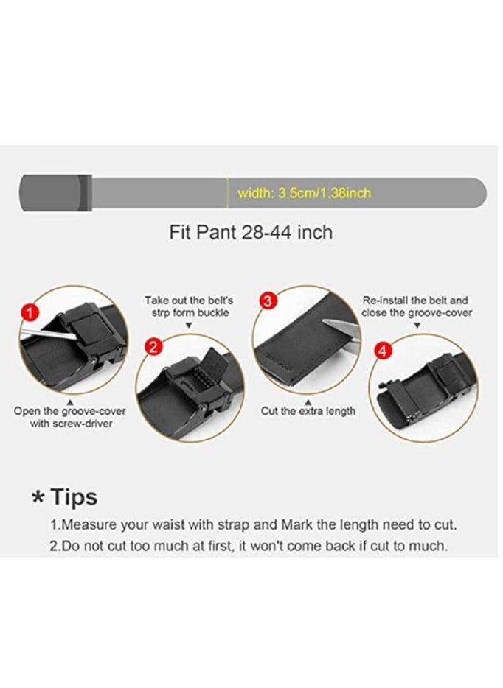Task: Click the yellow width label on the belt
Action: point(304,194)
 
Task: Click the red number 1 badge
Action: point(29,313)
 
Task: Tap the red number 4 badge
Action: point(382,351)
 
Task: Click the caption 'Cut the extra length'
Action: point(308,411)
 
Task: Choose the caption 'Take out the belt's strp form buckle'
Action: point(188,306)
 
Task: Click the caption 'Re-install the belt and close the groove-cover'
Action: point(416,306)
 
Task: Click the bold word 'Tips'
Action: point(74,497)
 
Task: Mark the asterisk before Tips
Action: point(38,499)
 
